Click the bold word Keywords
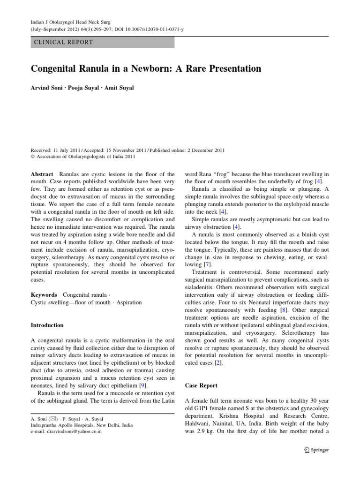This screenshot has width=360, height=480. pyautogui.click(x=44, y=295)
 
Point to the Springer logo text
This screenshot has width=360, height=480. pyautogui.click(x=318, y=450)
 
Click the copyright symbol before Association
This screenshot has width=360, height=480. pyautogui.click(x=33, y=157)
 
